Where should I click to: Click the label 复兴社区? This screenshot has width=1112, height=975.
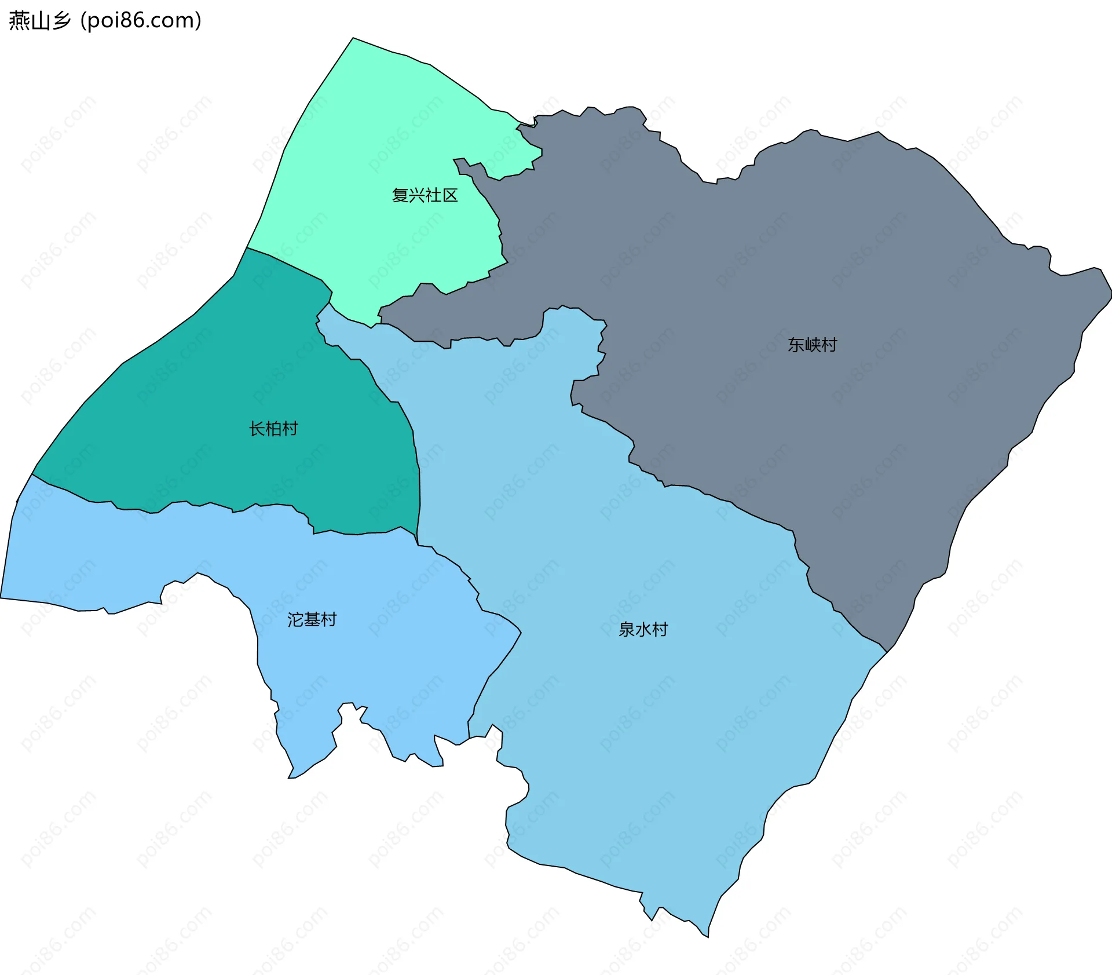click(425, 195)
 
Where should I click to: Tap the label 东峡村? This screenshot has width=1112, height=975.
click(812, 345)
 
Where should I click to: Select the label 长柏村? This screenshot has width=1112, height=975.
click(273, 429)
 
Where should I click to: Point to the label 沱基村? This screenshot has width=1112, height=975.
click(312, 619)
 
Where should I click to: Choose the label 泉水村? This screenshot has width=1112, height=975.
click(643, 629)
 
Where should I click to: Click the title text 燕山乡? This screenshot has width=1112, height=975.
click(39, 20)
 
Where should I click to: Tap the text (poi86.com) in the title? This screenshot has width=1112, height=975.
click(141, 20)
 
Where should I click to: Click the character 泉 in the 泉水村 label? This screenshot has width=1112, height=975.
click(627, 629)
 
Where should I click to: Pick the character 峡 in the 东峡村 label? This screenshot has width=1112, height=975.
click(812, 345)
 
